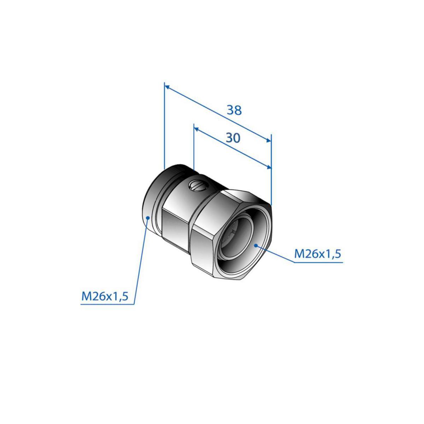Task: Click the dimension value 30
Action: coord(233,138)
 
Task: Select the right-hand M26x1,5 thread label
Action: coord(318,254)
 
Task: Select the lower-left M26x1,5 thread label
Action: coord(105,296)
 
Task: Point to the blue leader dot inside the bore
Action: coord(256,245)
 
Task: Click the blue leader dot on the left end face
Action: coord(148,217)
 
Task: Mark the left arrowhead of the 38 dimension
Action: coord(167,87)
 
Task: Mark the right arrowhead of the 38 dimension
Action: coord(269,141)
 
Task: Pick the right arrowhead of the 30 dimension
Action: coord(269,167)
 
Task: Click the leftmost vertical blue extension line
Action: coord(164,126)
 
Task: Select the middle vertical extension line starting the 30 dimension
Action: coord(194,147)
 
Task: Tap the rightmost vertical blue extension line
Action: coord(271,170)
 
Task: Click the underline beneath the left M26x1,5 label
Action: coord(107,304)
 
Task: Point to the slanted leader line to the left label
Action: coord(141,261)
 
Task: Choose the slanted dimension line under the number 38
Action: coord(218,114)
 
